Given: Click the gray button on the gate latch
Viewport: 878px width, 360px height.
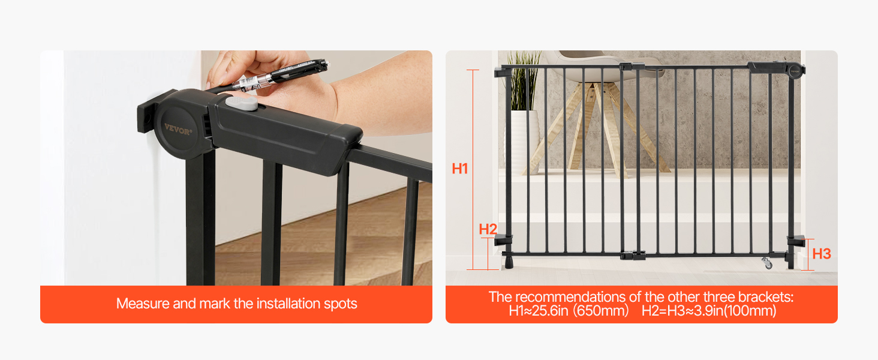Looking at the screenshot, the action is [x=242, y=103].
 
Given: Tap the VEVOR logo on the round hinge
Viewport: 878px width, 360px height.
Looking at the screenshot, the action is [x=178, y=128].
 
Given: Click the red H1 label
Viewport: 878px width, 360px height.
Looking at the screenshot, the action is [x=460, y=169].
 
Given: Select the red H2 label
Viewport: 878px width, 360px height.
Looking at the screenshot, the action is [x=488, y=229].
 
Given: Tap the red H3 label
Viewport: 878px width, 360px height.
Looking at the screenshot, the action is [x=822, y=254].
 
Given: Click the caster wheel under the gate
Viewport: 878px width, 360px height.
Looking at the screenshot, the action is [x=767, y=263].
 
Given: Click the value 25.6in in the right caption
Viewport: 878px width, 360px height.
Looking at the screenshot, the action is [x=551, y=311].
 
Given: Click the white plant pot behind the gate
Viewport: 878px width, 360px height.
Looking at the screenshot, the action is [x=521, y=142].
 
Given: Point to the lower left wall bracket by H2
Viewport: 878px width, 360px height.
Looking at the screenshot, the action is [x=503, y=239].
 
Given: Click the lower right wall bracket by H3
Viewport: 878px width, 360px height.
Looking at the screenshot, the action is [x=796, y=241].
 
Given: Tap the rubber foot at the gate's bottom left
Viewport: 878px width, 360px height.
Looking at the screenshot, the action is [x=509, y=262].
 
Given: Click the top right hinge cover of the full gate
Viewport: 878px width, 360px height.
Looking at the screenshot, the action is [x=777, y=69].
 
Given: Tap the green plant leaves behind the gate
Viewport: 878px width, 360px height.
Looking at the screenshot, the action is [x=524, y=80].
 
